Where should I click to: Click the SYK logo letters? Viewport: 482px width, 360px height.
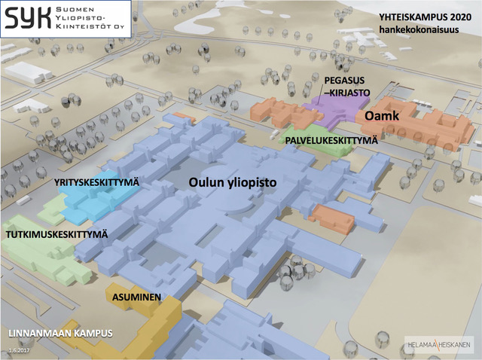coord(28,18)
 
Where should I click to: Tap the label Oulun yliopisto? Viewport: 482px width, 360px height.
coord(233,182)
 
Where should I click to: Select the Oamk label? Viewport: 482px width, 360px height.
coord(382,116)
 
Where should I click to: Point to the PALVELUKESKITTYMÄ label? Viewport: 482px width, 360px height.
coord(331,141)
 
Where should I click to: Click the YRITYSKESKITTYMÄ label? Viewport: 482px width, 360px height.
coord(97,182)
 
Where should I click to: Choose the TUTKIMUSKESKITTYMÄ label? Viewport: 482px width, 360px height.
coord(57,234)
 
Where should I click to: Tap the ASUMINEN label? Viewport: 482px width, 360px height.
coord(136,297)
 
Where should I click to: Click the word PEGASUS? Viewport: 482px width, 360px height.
coord(344,81)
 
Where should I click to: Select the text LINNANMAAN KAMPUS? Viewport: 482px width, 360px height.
coord(60,334)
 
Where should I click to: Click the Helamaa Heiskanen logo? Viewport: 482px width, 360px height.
coord(439,345)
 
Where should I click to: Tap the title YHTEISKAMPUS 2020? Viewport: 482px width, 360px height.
coord(425,17)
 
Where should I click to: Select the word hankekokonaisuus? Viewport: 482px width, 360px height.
coord(419,30)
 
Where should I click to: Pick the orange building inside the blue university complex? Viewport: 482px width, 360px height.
coord(332,218)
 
